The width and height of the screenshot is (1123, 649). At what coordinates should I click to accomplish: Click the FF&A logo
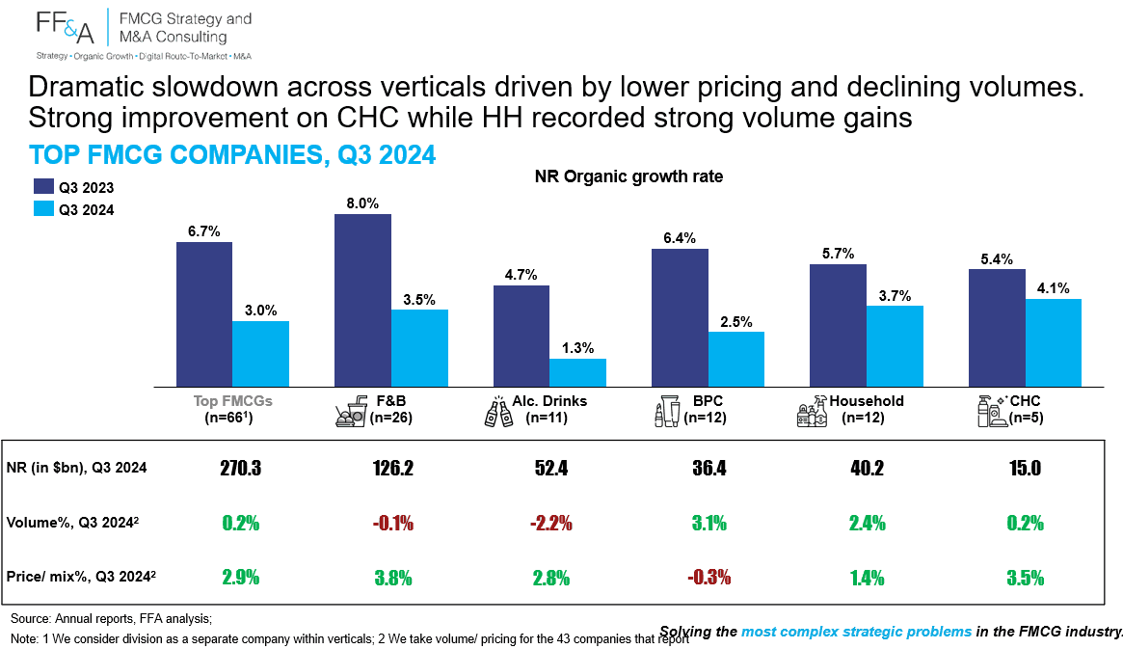tap(66, 26)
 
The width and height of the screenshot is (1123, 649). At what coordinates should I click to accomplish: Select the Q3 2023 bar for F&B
tap(362, 300)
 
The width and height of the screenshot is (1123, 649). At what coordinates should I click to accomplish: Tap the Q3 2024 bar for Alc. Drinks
tap(577, 372)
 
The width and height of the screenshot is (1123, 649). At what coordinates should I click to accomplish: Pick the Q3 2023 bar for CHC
tap(996, 328)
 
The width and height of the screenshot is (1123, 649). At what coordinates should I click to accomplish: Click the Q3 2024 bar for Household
tap(895, 346)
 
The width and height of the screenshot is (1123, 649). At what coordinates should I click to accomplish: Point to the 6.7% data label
tap(204, 231)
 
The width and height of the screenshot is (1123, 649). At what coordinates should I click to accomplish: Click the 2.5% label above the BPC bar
tap(736, 322)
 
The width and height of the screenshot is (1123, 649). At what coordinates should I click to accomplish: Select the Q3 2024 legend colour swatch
tap(43, 209)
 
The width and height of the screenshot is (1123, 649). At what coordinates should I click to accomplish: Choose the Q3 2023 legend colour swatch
tap(43, 187)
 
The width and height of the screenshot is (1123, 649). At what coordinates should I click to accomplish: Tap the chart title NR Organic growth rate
tap(628, 176)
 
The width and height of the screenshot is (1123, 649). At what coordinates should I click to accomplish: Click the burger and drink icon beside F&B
tap(351, 414)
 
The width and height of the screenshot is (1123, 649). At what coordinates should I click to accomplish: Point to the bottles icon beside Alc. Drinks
tap(498, 412)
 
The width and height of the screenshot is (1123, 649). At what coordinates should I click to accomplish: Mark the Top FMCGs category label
tap(232, 401)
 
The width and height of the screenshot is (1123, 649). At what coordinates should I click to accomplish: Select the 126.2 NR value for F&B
tap(392, 469)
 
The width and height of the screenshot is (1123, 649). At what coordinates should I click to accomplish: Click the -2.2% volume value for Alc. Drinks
tap(550, 523)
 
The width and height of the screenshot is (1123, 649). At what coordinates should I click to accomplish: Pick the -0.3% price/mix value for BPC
tap(709, 578)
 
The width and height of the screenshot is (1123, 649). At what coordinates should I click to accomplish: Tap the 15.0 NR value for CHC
tap(1025, 469)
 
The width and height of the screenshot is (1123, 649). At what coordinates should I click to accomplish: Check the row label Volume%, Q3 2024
tap(72, 523)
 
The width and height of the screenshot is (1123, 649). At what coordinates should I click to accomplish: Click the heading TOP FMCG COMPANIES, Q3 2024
tap(232, 154)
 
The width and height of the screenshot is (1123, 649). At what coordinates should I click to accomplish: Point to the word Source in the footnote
tap(30, 618)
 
